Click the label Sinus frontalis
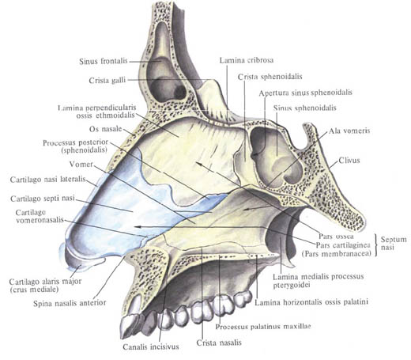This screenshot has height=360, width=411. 104,61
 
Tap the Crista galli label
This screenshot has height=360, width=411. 107,80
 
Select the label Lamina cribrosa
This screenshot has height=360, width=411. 247,60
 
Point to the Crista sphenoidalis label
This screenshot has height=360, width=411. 270,77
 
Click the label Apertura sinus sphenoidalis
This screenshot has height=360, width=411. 305,93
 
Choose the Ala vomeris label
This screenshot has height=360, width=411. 349,131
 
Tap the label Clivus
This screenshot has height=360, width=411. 349,160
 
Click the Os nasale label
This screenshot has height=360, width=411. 105,129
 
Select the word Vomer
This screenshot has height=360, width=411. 81,165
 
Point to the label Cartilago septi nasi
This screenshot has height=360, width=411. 43,199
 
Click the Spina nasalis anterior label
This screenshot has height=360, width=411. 70,303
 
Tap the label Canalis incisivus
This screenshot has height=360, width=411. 151,347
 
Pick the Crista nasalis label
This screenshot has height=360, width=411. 219,343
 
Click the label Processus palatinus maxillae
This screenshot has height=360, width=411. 263,327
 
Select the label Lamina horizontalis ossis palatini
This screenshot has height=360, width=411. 311,302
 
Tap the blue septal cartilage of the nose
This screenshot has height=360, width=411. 126,208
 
